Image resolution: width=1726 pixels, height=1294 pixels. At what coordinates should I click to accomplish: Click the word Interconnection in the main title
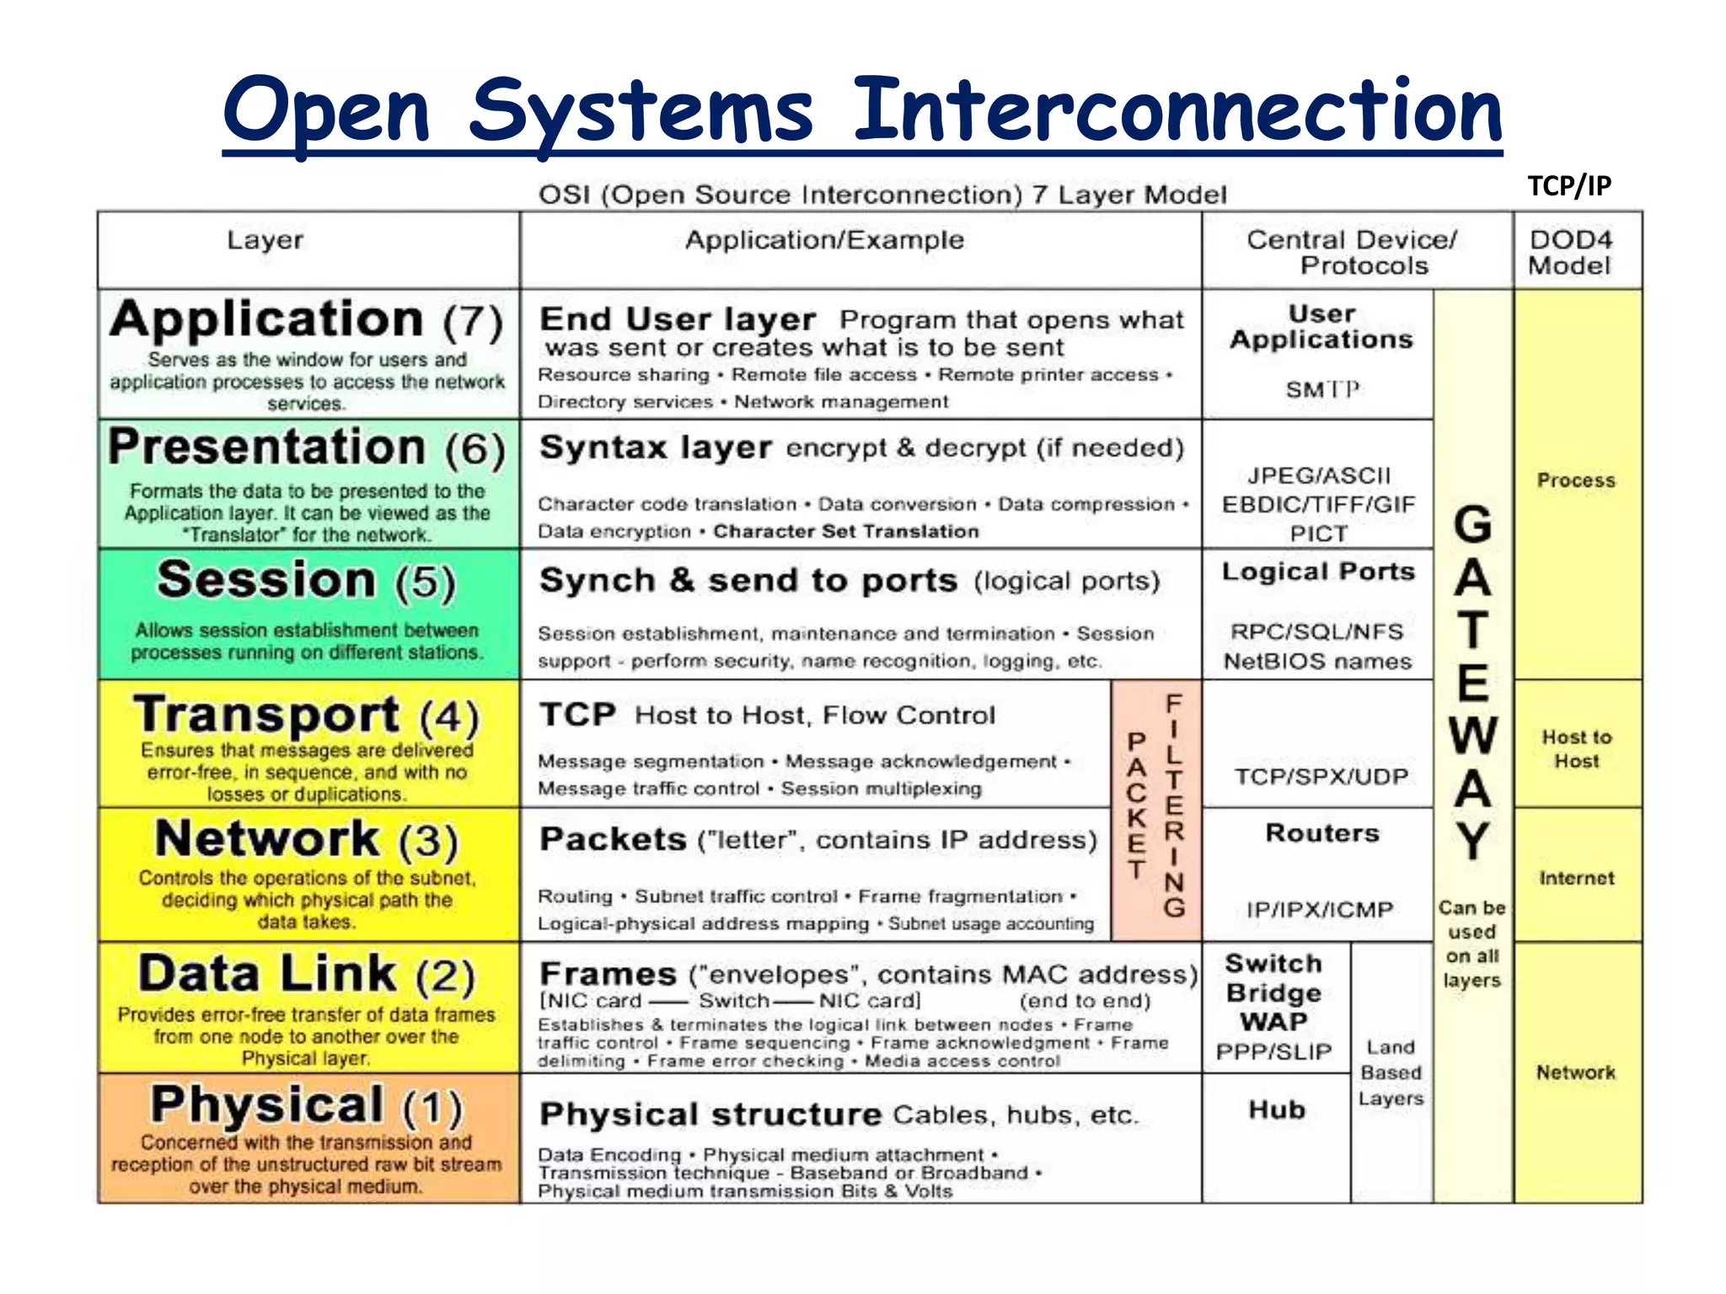coord(1177,110)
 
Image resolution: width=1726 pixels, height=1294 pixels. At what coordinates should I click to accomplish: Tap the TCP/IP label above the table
coord(1569,185)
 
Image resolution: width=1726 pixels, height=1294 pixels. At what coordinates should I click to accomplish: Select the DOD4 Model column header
coord(1570,252)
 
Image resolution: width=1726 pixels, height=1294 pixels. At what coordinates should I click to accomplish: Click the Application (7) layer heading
coord(306,320)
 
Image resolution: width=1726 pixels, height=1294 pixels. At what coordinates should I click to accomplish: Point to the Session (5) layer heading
coord(306,580)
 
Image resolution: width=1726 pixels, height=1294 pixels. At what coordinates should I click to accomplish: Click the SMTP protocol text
coord(1321,389)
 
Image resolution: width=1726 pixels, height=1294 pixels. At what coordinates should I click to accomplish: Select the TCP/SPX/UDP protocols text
coord(1321,776)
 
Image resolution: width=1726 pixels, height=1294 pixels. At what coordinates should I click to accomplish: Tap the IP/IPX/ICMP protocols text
coord(1320,910)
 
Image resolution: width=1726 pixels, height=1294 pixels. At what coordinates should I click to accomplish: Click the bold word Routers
coord(1321,833)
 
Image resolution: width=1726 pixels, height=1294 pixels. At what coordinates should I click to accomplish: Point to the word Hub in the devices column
coord(1277,1110)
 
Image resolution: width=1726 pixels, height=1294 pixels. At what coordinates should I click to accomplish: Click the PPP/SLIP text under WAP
coord(1273,1052)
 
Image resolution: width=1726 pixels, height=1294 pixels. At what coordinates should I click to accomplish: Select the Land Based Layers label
coord(1391,1072)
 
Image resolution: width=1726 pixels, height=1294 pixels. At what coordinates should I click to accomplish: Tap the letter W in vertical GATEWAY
coord(1472,735)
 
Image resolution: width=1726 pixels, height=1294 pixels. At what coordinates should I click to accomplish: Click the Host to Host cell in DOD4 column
coord(1576,749)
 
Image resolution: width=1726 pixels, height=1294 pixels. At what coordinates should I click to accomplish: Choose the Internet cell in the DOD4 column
coord(1576,878)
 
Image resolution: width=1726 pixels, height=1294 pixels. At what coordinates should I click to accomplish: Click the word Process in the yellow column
coord(1576,480)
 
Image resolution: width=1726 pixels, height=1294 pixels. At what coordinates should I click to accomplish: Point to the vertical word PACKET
coord(1137,805)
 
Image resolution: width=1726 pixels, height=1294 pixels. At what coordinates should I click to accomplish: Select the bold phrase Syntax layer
coord(655,447)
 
